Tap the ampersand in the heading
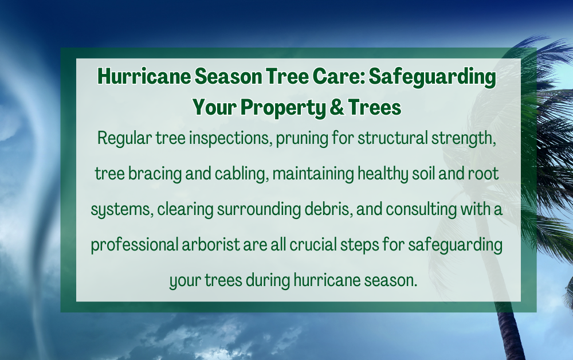pyautogui.click(x=337, y=107)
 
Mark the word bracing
pyautogui.click(x=155, y=174)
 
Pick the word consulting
pyautogui.click(x=421, y=210)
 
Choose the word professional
pyautogui.click(x=134, y=245)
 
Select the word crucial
pyautogui.click(x=313, y=245)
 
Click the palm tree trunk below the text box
pyautogui.click(x=510, y=334)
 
